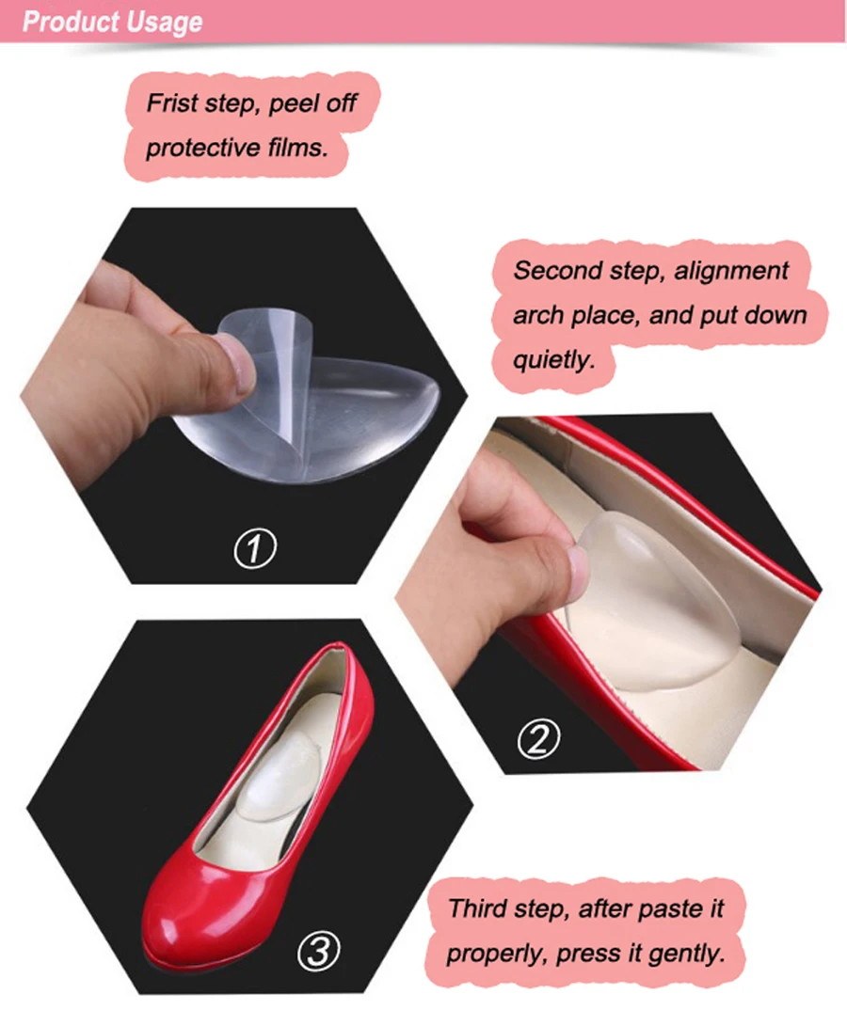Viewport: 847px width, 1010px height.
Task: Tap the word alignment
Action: click(x=731, y=271)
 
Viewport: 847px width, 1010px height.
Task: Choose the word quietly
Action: click(x=553, y=360)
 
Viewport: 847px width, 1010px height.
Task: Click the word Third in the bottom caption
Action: click(x=478, y=908)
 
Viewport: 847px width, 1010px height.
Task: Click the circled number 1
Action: click(x=255, y=548)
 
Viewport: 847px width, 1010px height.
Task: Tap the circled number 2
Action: click(x=538, y=738)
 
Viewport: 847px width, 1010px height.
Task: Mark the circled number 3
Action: click(x=318, y=951)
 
